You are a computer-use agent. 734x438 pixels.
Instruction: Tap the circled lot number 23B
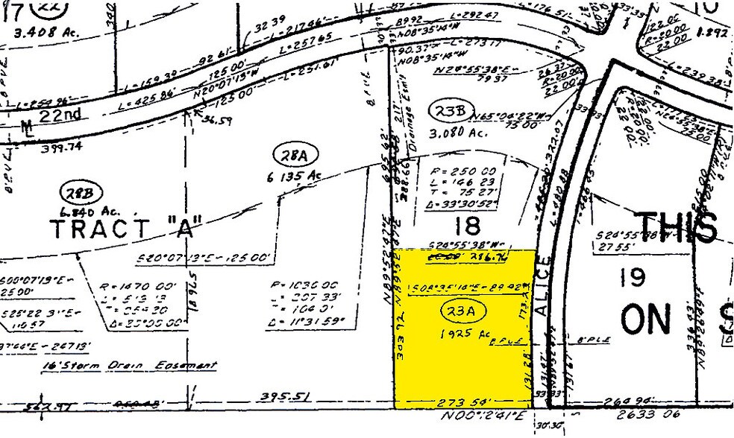450,111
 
